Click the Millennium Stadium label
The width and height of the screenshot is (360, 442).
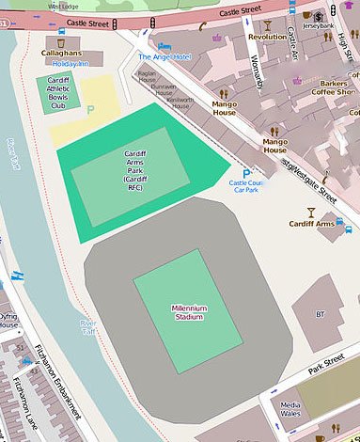point(189,313)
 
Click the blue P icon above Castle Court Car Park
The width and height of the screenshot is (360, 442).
point(246,174)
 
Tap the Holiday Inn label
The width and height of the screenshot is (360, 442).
point(70,64)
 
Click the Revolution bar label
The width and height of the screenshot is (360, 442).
point(266,37)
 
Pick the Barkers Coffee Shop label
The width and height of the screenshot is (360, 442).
point(335,87)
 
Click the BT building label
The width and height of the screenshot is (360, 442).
point(320,313)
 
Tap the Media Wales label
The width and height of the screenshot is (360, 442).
point(290,410)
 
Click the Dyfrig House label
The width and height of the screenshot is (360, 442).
point(8,323)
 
